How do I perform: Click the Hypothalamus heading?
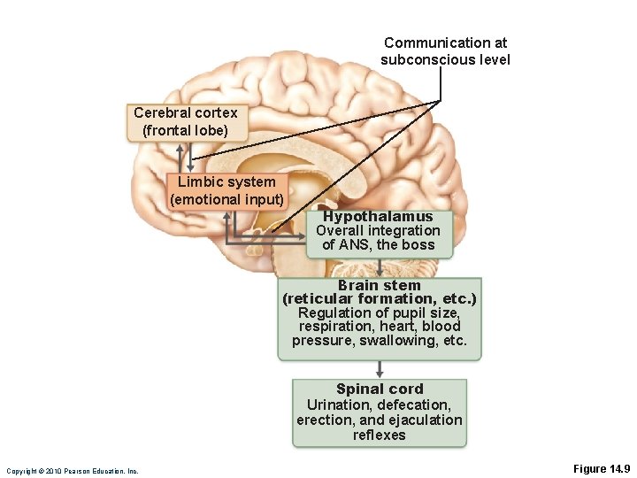tap(378, 217)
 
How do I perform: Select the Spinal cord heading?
tap(380, 389)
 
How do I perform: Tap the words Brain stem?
tap(380, 286)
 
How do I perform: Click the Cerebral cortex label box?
tap(186, 122)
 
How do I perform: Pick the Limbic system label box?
tap(227, 191)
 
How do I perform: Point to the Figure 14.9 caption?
tap(602, 468)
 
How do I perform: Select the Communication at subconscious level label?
tap(445, 51)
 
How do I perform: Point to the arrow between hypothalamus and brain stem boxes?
tap(380, 268)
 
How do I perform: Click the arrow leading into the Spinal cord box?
tap(380, 370)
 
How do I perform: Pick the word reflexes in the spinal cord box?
tap(380, 435)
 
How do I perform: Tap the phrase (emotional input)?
tap(227, 199)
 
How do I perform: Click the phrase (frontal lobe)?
tap(186, 130)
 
